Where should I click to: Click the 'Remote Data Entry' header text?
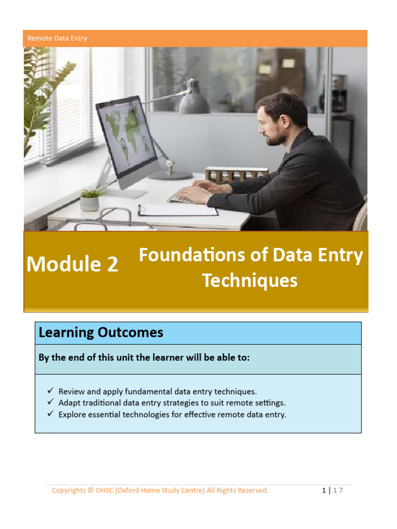tap(57, 38)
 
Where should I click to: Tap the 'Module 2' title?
tap(72, 264)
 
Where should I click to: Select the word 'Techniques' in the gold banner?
tap(250, 281)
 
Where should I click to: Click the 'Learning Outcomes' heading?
tap(101, 333)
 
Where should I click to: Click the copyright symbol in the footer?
tap(90, 490)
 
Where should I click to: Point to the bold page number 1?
tap(323, 490)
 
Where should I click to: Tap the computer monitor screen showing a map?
tap(127, 137)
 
